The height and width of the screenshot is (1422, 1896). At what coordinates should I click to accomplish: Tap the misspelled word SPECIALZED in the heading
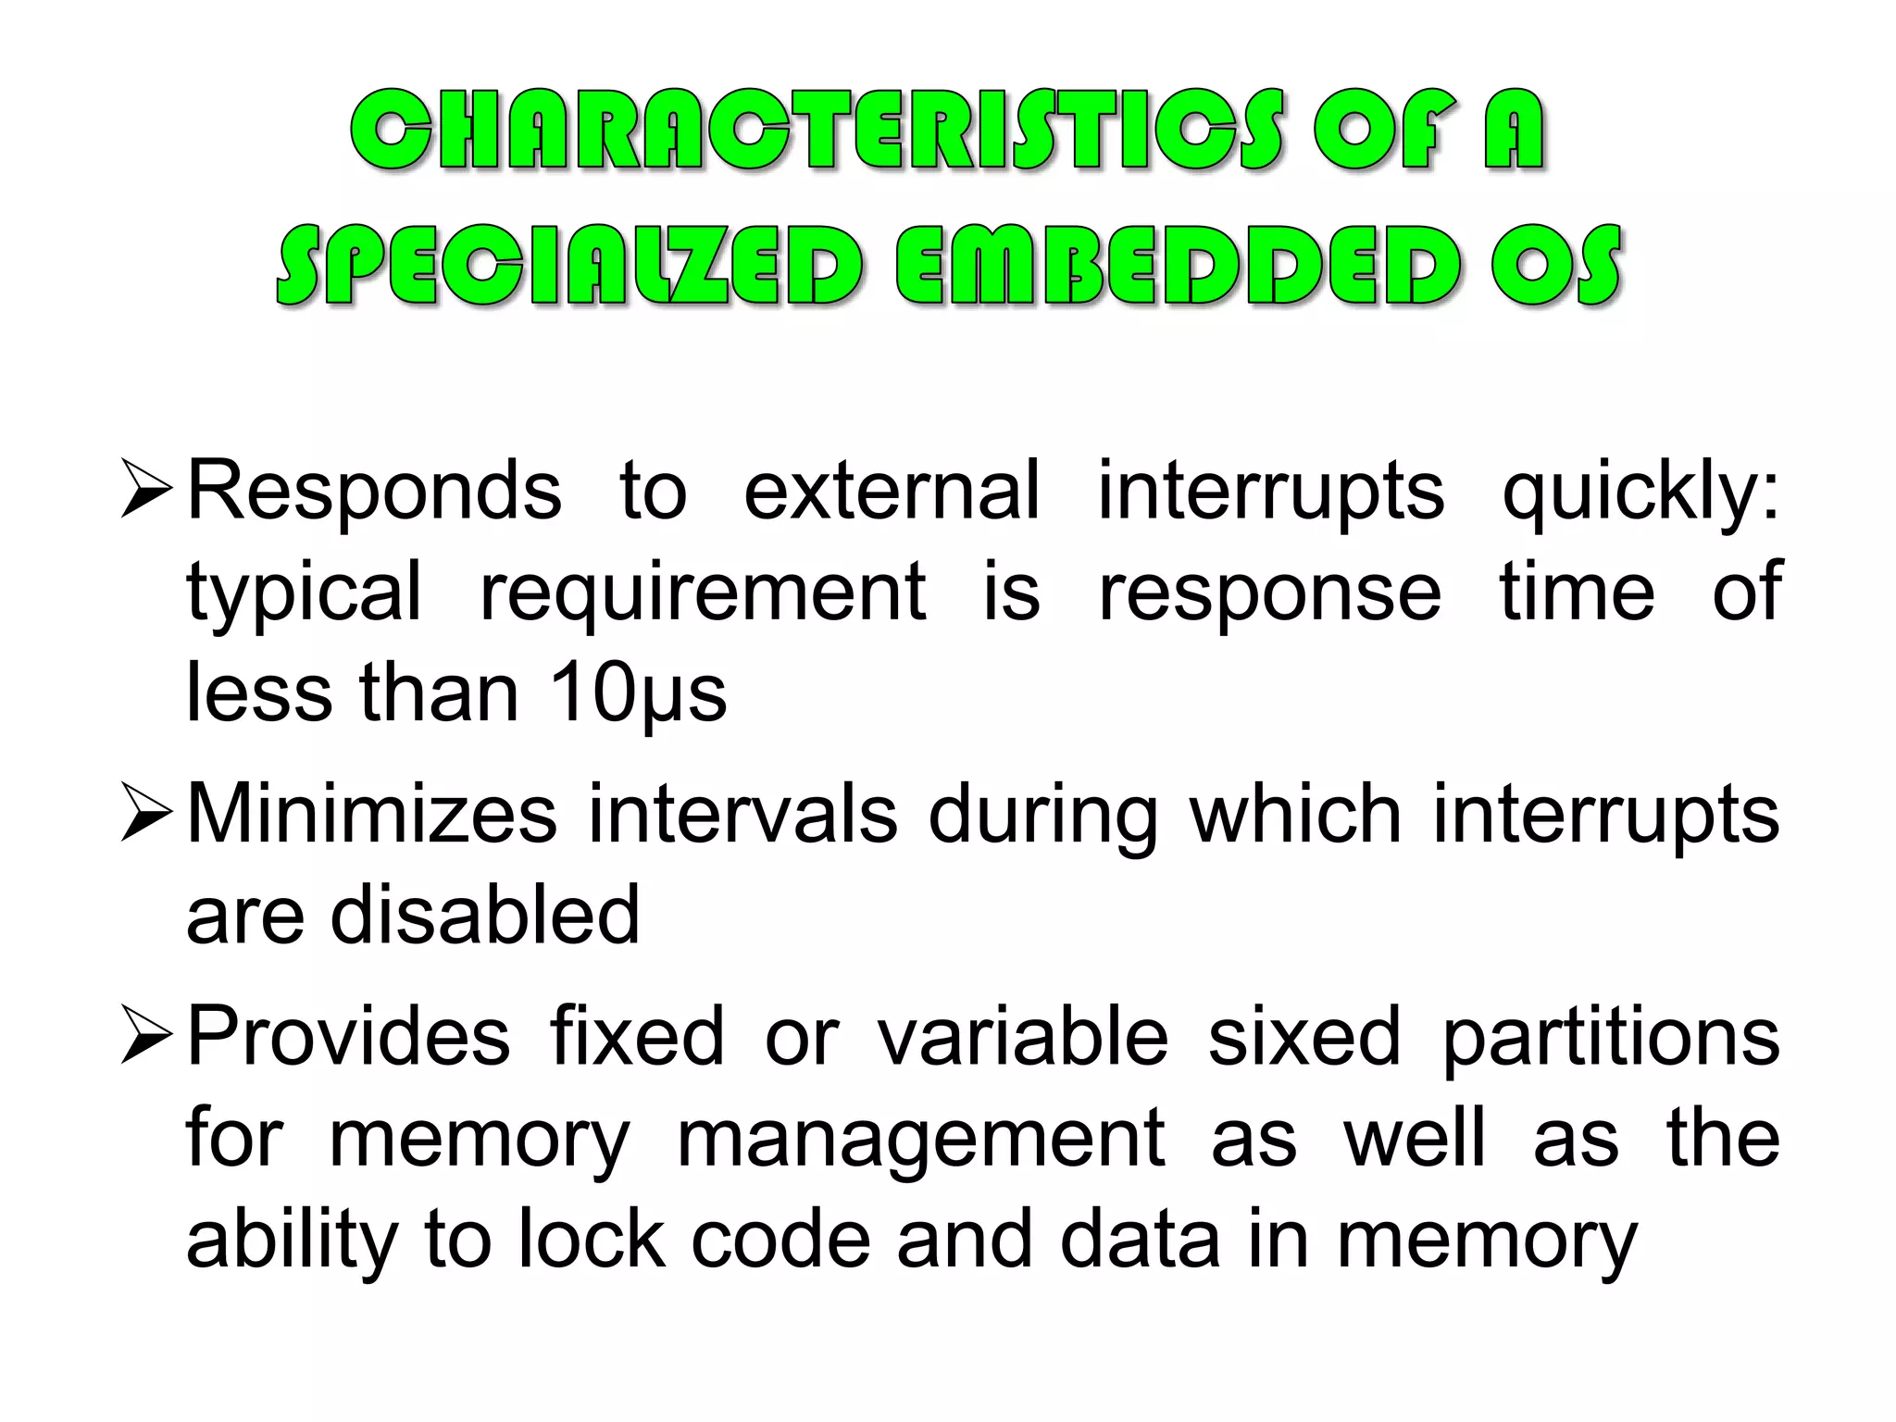(x=570, y=266)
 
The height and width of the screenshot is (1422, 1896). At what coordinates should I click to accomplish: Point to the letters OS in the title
(x=1556, y=266)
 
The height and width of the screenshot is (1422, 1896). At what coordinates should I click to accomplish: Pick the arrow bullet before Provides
(x=146, y=1037)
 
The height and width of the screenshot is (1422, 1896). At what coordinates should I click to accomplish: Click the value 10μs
(x=638, y=694)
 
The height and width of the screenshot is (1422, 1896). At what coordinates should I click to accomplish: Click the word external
(x=892, y=491)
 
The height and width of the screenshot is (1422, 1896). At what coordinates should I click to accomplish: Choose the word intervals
(x=742, y=815)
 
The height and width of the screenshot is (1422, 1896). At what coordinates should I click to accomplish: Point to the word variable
(x=1023, y=1037)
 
